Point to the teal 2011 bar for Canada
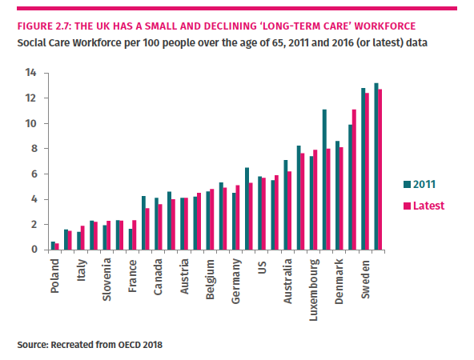pyautogui.click(x=156, y=223)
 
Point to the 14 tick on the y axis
pyautogui.click(x=31, y=73)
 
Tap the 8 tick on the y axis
pyautogui.click(x=34, y=149)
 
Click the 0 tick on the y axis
pyautogui.click(x=34, y=250)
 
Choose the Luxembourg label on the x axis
pyautogui.click(x=314, y=287)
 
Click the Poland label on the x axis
pyautogui.click(x=54, y=275)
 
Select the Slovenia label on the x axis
pyautogui.click(x=106, y=279)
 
